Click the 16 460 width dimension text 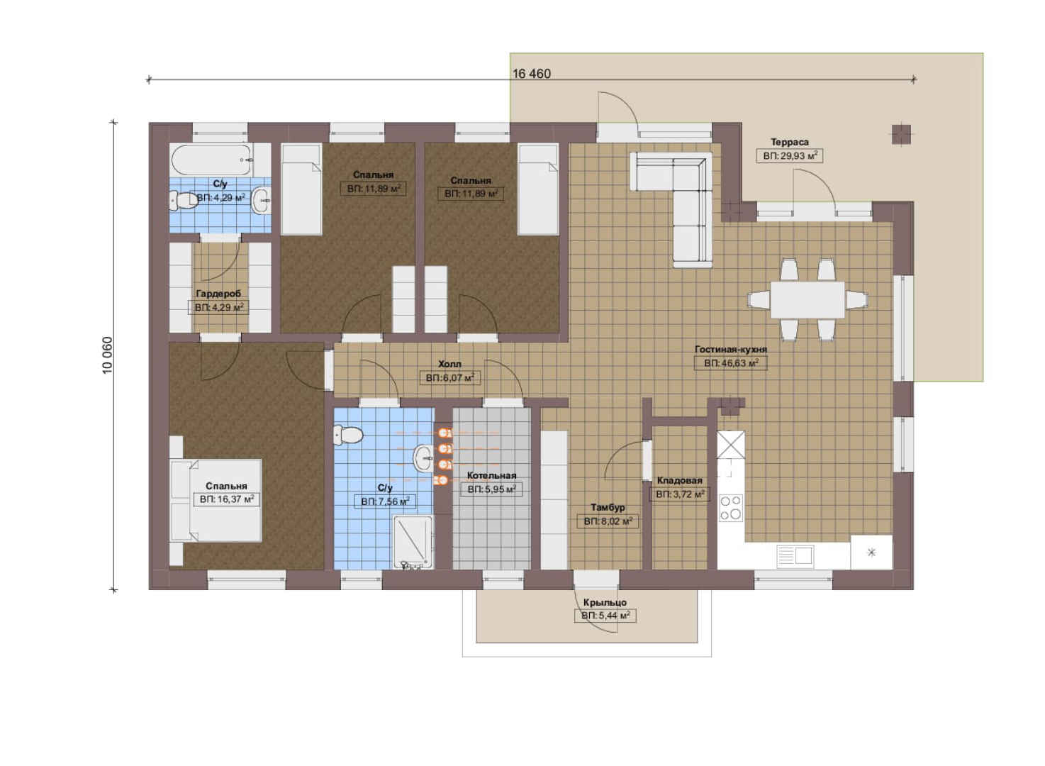(532, 74)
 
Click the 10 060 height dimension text (107, 355)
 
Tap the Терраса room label (789, 142)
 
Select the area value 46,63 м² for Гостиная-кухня (731, 363)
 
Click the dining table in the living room (807, 299)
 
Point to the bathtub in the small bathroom (213, 159)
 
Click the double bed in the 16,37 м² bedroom (216, 501)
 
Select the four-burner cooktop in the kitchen (730, 508)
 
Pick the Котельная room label (491, 475)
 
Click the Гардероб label (218, 294)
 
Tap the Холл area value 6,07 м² (449, 377)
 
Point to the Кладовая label (679, 480)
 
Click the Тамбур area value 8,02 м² (608, 521)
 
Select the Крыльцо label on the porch (605, 602)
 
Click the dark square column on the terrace (901, 135)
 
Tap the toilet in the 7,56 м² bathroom (348, 435)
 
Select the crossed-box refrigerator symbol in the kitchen (730, 445)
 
